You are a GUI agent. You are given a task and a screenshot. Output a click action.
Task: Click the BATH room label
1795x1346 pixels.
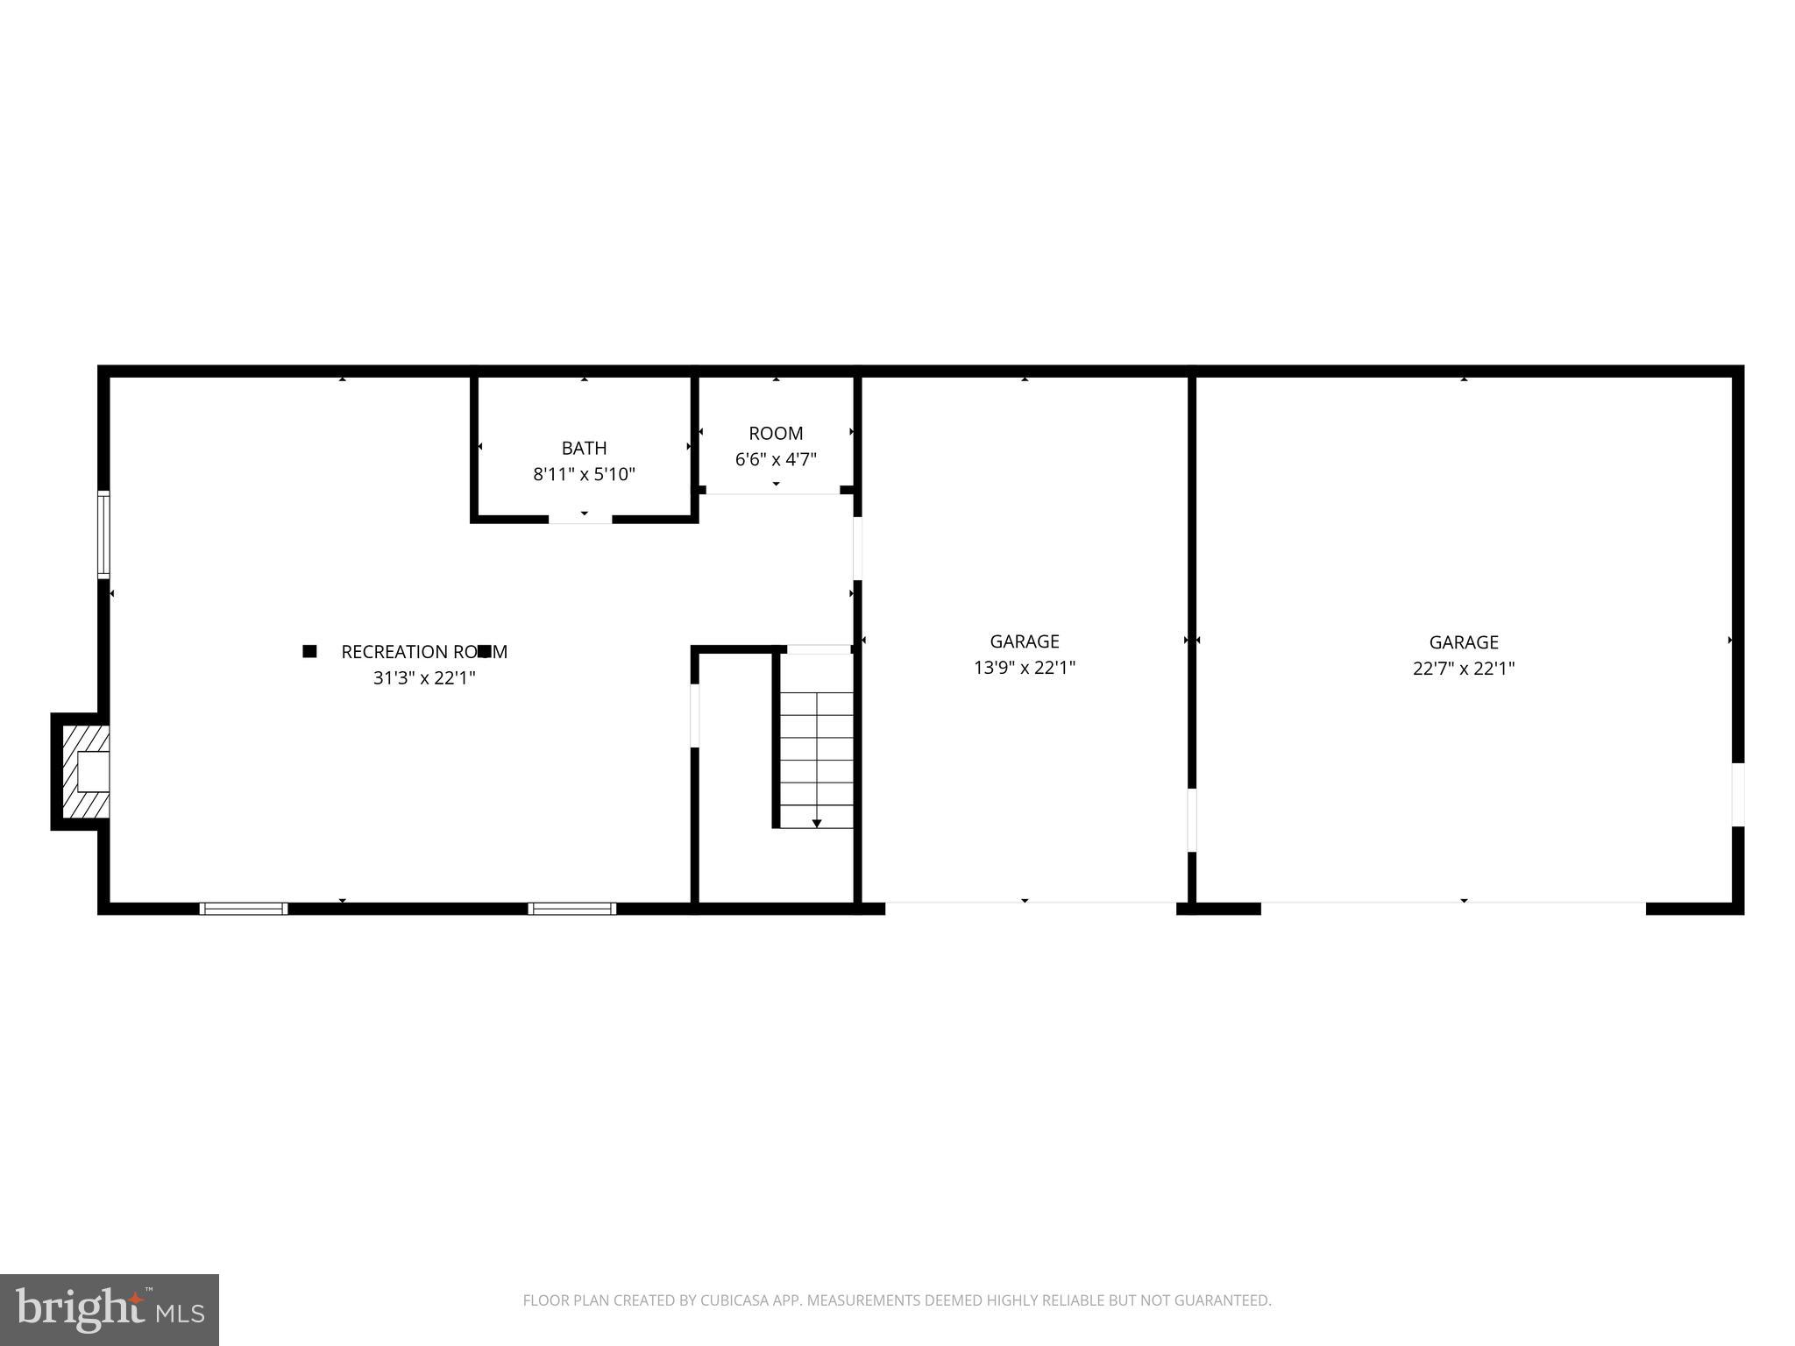click(x=584, y=448)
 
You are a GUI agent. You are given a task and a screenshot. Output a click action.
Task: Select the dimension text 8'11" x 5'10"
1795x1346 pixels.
click(x=584, y=475)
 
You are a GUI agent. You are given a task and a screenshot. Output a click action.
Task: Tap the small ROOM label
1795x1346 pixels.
click(x=776, y=433)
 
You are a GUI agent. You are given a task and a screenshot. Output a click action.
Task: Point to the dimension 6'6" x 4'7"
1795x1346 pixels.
click(x=776, y=459)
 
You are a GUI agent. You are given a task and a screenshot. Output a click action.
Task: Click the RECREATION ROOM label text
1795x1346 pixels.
click(x=424, y=652)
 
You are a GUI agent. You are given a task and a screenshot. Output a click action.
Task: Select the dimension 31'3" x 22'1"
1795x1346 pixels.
click(x=424, y=677)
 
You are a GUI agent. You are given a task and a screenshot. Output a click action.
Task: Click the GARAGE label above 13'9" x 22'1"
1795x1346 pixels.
click(x=1025, y=641)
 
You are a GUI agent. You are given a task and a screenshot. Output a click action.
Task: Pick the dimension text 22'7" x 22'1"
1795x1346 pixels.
click(x=1464, y=669)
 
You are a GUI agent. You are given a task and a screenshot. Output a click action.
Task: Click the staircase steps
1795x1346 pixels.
click(x=817, y=749)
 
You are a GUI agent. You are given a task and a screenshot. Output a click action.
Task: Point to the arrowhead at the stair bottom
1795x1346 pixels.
click(x=817, y=824)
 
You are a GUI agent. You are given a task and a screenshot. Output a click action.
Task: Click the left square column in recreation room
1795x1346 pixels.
click(x=309, y=651)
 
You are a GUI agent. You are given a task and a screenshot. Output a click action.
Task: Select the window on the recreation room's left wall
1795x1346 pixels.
click(x=103, y=535)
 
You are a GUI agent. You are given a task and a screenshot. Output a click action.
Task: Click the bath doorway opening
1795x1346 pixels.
click(x=580, y=519)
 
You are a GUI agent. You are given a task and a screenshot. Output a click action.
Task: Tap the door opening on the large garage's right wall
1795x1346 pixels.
click(x=1737, y=794)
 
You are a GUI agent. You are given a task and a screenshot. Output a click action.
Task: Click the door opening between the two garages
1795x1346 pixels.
click(x=1192, y=820)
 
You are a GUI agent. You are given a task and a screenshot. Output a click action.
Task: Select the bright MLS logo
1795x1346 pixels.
click(x=110, y=1310)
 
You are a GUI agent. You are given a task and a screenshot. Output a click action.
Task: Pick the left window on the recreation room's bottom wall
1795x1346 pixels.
click(x=244, y=909)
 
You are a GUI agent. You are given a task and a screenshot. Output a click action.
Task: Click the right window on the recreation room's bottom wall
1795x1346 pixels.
click(x=571, y=909)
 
